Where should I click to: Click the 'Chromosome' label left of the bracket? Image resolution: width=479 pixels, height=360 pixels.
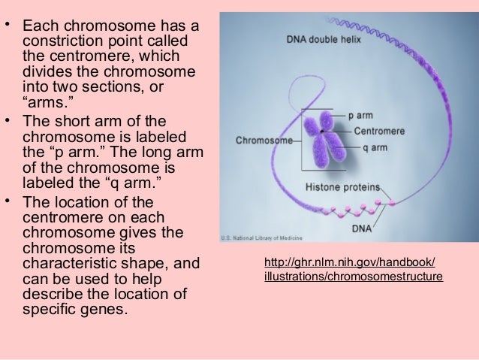pyautogui.click(x=264, y=140)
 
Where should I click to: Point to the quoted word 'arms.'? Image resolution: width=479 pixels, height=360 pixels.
pyautogui.click(x=46, y=104)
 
